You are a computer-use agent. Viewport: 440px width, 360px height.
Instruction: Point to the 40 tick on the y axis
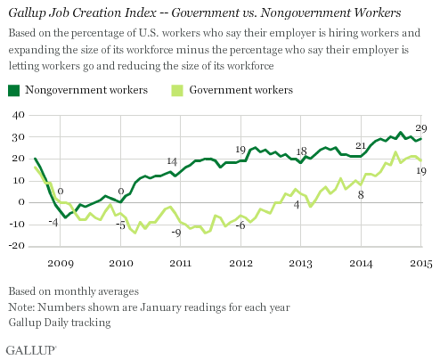tap(16, 115)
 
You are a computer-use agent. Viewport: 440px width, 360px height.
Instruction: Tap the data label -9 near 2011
tap(176, 232)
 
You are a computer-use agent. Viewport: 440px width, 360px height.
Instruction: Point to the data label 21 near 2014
tap(361, 145)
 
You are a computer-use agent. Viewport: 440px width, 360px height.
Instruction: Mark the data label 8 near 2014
tap(361, 194)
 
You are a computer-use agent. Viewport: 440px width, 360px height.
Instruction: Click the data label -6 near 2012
tap(239, 225)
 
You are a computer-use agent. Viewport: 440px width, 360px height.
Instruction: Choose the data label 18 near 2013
tap(301, 151)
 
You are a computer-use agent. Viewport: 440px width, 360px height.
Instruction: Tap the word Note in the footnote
tap(21, 307)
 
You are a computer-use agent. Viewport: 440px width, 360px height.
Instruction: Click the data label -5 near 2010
tap(119, 224)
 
